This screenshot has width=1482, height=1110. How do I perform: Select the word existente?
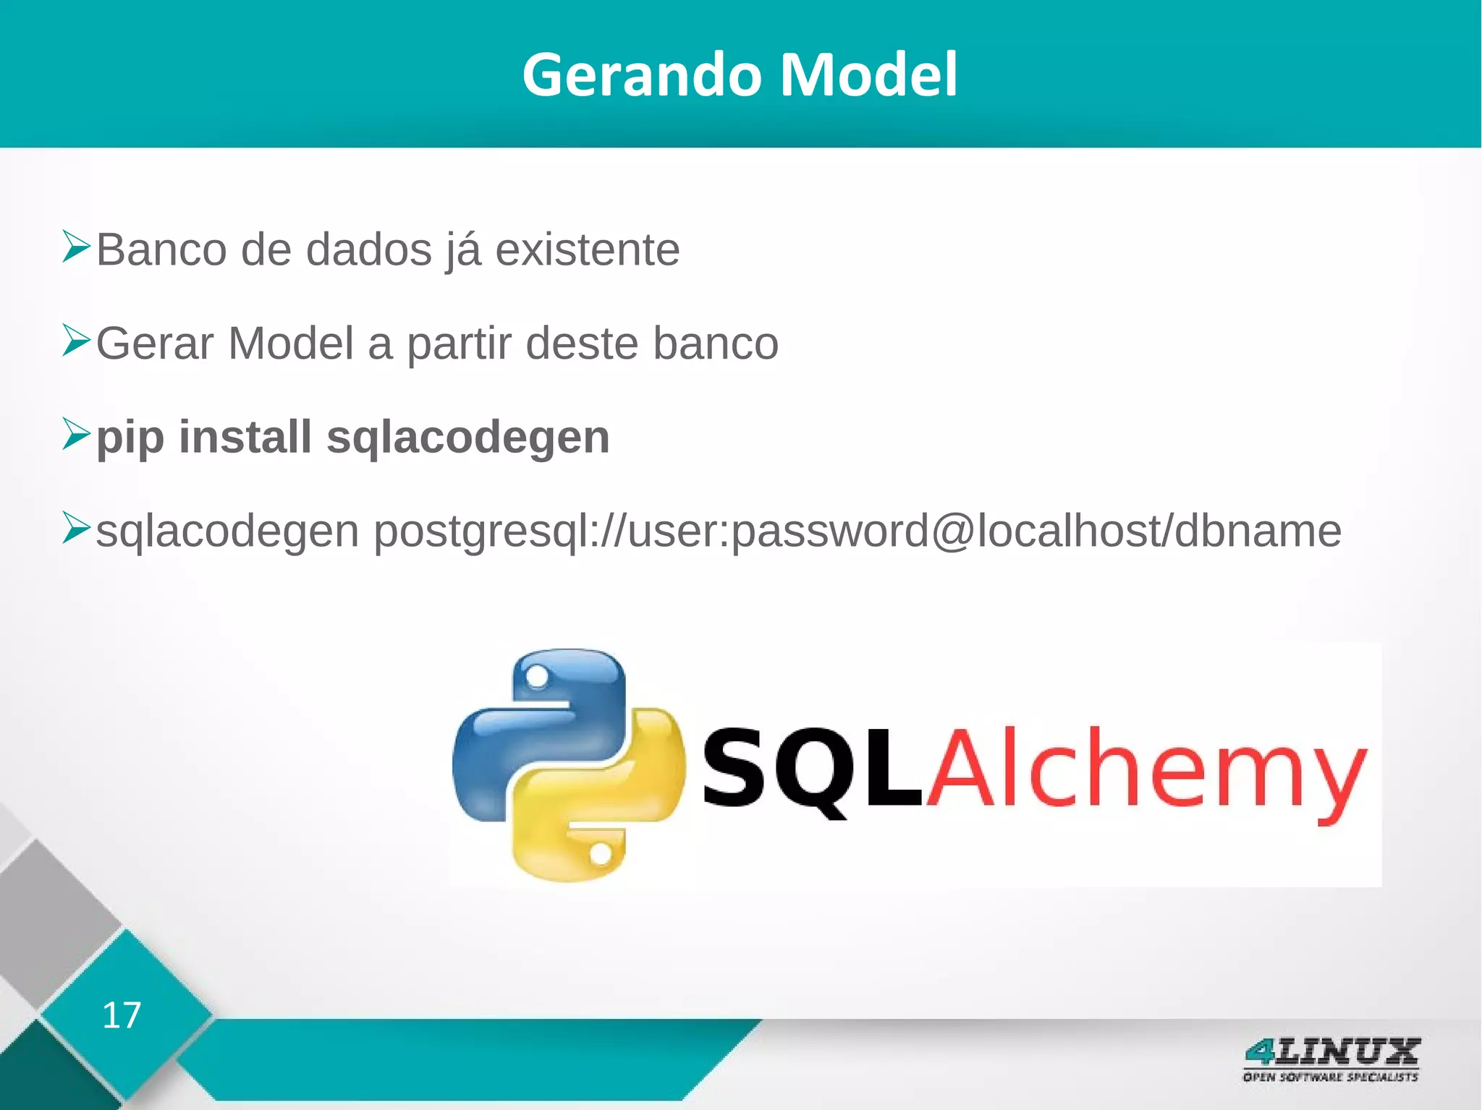(587, 250)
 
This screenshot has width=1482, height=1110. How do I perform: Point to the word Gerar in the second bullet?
(155, 343)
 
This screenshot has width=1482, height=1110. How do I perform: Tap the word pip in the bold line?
(130, 438)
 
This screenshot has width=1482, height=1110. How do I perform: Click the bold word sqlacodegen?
(467, 438)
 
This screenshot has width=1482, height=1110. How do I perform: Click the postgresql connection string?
(857, 532)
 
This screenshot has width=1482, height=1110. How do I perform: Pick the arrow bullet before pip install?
(75, 433)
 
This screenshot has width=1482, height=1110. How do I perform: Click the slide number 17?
(121, 1015)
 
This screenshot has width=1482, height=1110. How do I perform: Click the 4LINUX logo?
(1331, 1051)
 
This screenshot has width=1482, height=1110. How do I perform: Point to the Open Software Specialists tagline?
(1330, 1077)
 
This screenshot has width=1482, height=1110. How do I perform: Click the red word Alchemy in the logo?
(1147, 770)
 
